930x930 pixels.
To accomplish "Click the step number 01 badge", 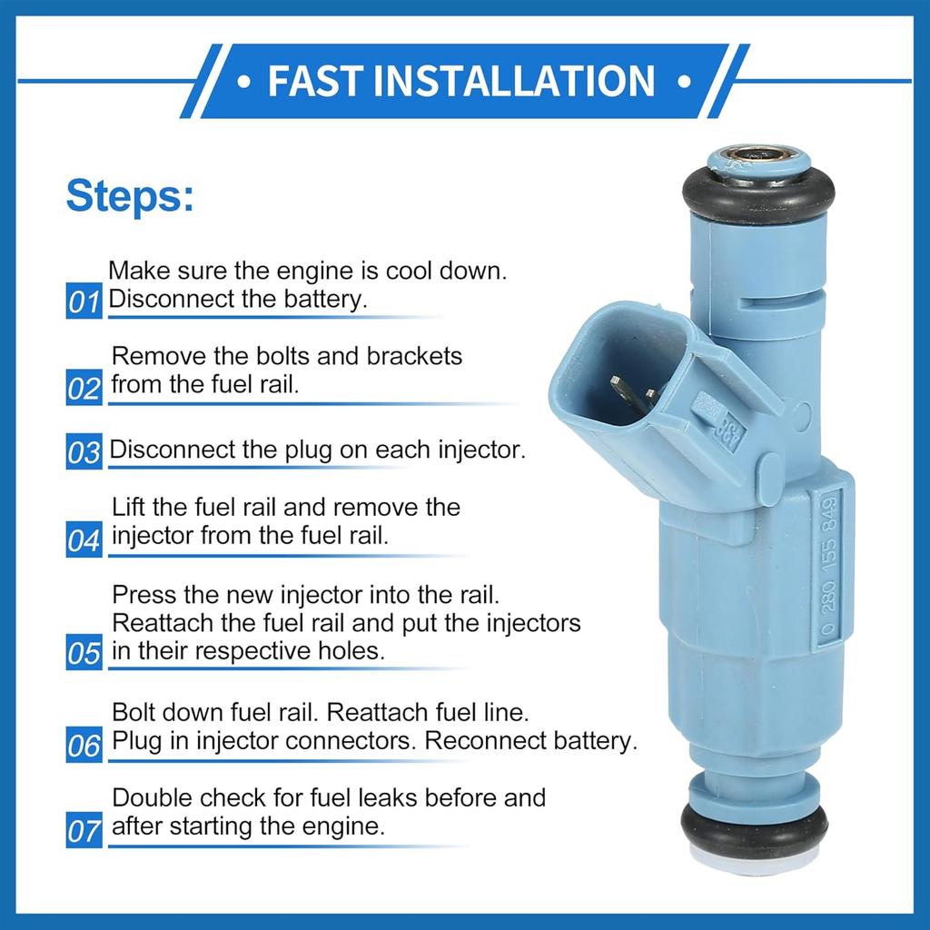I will (x=83, y=302).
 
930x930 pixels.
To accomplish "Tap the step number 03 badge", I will (x=83, y=451).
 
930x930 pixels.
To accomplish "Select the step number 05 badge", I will (x=83, y=654).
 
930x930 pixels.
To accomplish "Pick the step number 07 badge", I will (x=83, y=831).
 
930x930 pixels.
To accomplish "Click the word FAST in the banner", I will (x=314, y=80).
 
